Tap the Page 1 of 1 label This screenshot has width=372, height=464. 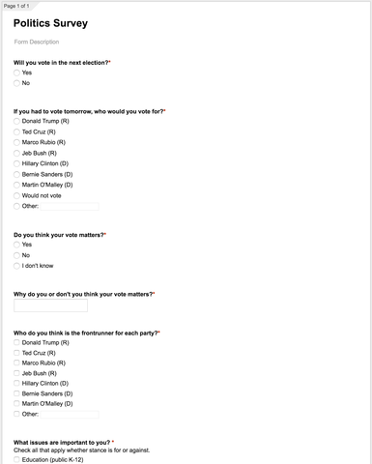point(18,4)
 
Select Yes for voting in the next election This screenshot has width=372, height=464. point(16,72)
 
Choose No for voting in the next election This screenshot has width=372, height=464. point(16,83)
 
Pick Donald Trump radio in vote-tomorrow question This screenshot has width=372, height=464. point(16,122)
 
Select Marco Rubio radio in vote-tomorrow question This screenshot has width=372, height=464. point(16,142)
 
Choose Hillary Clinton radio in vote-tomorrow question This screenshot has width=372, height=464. point(16,163)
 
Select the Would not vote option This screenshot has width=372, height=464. point(16,195)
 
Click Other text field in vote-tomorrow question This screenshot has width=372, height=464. point(69,206)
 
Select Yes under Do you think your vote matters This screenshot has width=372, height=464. point(16,245)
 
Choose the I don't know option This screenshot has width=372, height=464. point(16,265)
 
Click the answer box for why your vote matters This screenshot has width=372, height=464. point(50,305)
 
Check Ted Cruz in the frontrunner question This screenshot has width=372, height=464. point(16,353)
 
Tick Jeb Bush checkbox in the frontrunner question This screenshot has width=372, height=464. point(16,373)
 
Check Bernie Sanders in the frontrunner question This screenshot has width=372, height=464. point(16,393)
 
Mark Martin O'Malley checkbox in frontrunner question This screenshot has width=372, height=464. point(16,404)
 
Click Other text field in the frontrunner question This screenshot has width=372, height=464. point(69,415)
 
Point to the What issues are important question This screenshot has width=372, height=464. point(62,442)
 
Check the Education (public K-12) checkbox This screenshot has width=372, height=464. point(16,460)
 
